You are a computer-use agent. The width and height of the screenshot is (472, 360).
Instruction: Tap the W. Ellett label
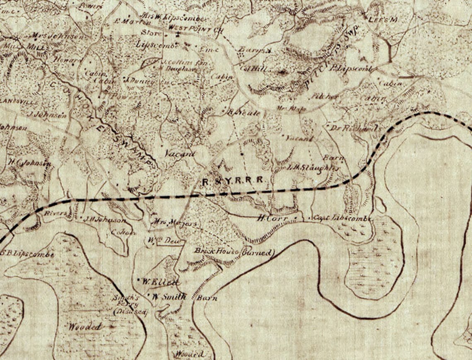(160, 282)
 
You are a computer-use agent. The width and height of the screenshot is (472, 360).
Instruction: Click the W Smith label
(169, 297)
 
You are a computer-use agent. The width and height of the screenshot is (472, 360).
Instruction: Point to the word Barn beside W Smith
(207, 298)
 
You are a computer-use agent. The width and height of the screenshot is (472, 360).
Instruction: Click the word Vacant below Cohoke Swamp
(180, 154)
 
